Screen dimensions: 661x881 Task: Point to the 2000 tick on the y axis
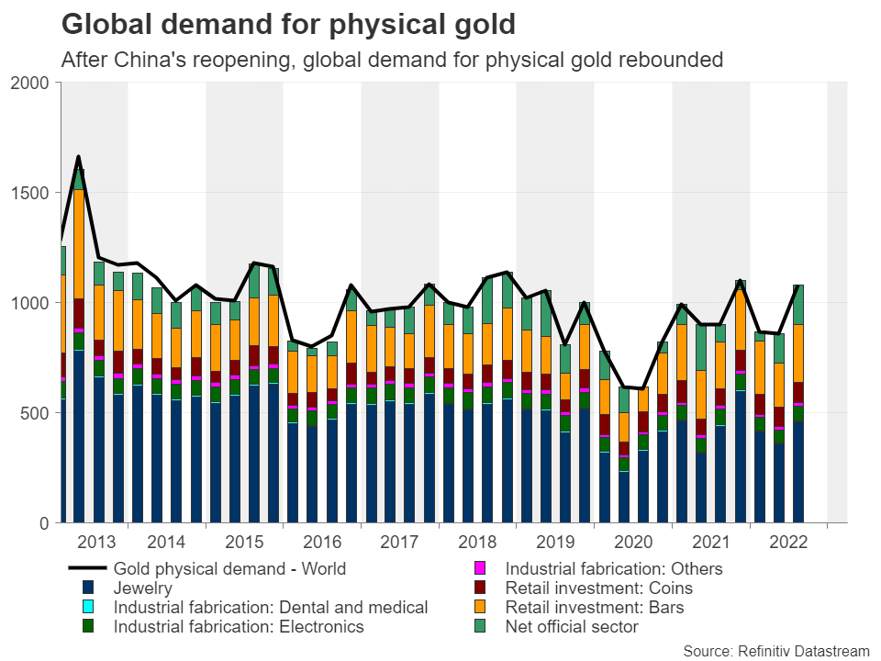(37, 83)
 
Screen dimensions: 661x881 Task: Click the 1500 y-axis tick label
(37, 193)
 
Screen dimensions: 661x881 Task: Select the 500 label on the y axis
(41, 413)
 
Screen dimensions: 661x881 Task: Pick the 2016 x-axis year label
(322, 542)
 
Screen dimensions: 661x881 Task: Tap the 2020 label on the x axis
(632, 542)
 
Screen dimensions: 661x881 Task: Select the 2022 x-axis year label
(787, 542)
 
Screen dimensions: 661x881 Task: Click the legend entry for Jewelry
(143, 588)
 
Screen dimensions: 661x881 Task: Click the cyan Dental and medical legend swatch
(88, 607)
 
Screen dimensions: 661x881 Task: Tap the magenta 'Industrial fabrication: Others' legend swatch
(478, 568)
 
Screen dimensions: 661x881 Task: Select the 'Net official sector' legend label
(572, 626)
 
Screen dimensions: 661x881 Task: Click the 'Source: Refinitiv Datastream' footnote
(776, 651)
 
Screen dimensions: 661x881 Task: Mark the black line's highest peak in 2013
(79, 157)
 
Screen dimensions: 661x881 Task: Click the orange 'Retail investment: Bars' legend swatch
(478, 607)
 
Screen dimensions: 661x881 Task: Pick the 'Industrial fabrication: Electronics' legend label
(239, 626)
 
